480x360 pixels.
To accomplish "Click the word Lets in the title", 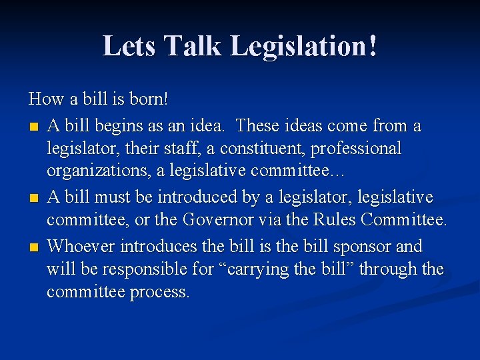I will pyautogui.click(x=129, y=46).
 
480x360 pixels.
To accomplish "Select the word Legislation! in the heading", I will pyautogui.click(x=303, y=46).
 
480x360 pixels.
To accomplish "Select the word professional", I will pyautogui.click(x=361, y=149).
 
